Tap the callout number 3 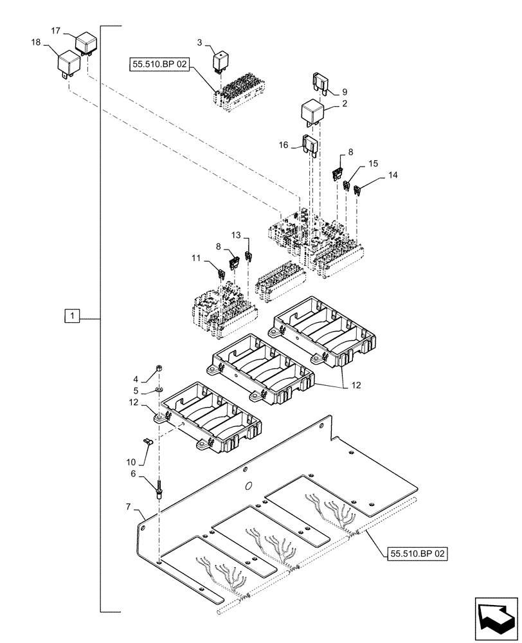pos(200,42)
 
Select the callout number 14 pos(393,174)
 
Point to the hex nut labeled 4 pos(158,368)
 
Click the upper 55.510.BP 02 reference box pos(157,65)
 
